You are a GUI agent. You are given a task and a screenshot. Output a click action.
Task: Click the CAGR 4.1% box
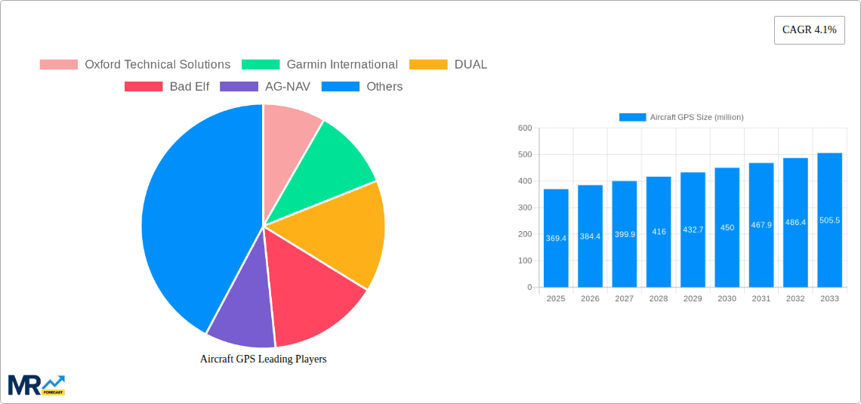[809, 30]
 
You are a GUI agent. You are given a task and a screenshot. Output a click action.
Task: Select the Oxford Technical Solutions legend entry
[135, 65]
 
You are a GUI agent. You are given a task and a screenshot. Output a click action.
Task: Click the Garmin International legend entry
[320, 65]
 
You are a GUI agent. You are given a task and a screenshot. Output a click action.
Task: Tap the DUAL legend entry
[449, 65]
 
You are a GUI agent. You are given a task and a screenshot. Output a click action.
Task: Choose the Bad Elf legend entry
[167, 87]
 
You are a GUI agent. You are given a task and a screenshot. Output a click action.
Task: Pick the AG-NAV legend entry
[265, 87]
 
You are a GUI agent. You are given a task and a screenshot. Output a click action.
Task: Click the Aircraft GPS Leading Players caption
[263, 359]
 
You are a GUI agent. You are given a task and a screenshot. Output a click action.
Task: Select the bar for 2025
[556, 238]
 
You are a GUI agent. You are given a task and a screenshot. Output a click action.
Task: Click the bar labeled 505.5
[829, 220]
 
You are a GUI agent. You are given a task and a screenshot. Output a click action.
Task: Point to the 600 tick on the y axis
[524, 128]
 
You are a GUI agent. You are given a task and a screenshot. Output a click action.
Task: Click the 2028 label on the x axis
[659, 299]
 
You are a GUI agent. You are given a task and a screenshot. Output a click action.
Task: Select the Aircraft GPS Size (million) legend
[681, 117]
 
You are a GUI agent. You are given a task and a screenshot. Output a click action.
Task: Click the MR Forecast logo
[36, 384]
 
